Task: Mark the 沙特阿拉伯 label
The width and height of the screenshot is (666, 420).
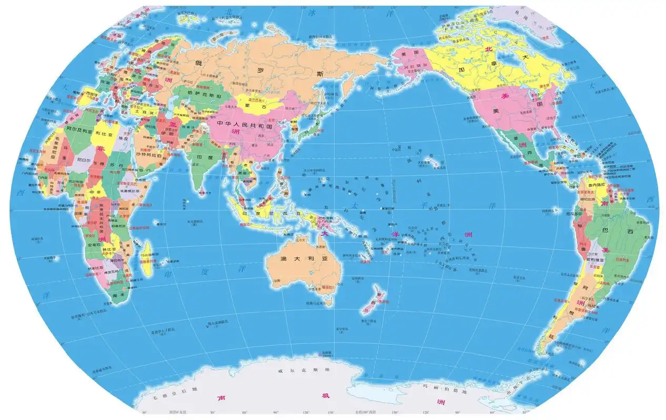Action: point(152,155)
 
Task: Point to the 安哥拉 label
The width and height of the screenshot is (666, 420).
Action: point(95,245)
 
